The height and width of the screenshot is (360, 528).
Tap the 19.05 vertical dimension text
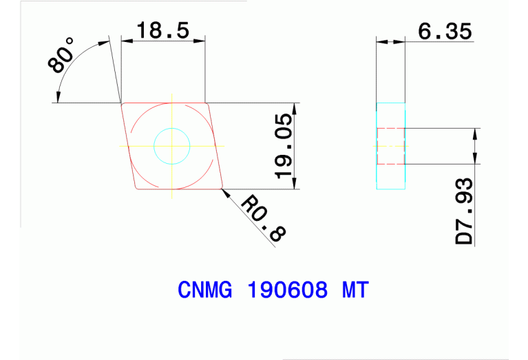click(284, 145)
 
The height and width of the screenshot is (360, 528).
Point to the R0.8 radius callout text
click(262, 218)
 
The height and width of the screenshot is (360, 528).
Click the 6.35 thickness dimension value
click(444, 31)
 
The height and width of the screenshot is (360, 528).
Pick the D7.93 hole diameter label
click(465, 211)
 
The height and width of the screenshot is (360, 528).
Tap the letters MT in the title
click(355, 290)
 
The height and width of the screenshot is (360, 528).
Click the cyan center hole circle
click(171, 145)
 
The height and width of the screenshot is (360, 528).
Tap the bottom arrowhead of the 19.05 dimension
click(295, 184)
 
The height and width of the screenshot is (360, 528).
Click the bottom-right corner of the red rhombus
click(222, 188)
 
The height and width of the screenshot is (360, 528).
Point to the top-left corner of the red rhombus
click(123, 104)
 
